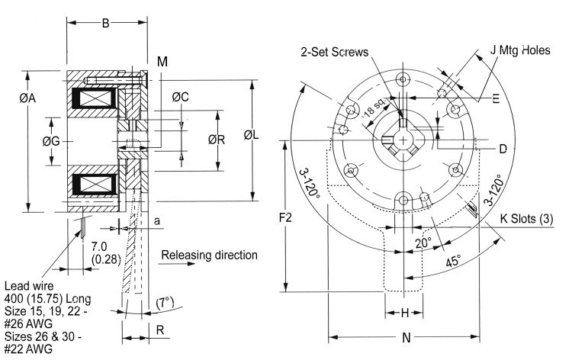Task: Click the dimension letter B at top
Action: [x=106, y=23]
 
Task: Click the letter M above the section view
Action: [x=162, y=60]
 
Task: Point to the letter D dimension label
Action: [x=503, y=148]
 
